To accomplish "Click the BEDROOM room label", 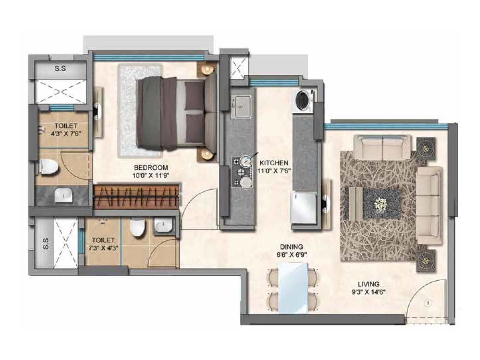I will [x=151, y=167].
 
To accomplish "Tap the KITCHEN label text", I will [x=274, y=163].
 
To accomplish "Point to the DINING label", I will [x=291, y=247].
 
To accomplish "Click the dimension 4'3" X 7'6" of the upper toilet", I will [x=66, y=133].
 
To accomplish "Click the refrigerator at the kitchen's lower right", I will [x=304, y=208].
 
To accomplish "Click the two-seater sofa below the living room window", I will [x=382, y=147].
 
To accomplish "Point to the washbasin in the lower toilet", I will [x=163, y=225].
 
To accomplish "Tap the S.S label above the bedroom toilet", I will [x=60, y=68].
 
